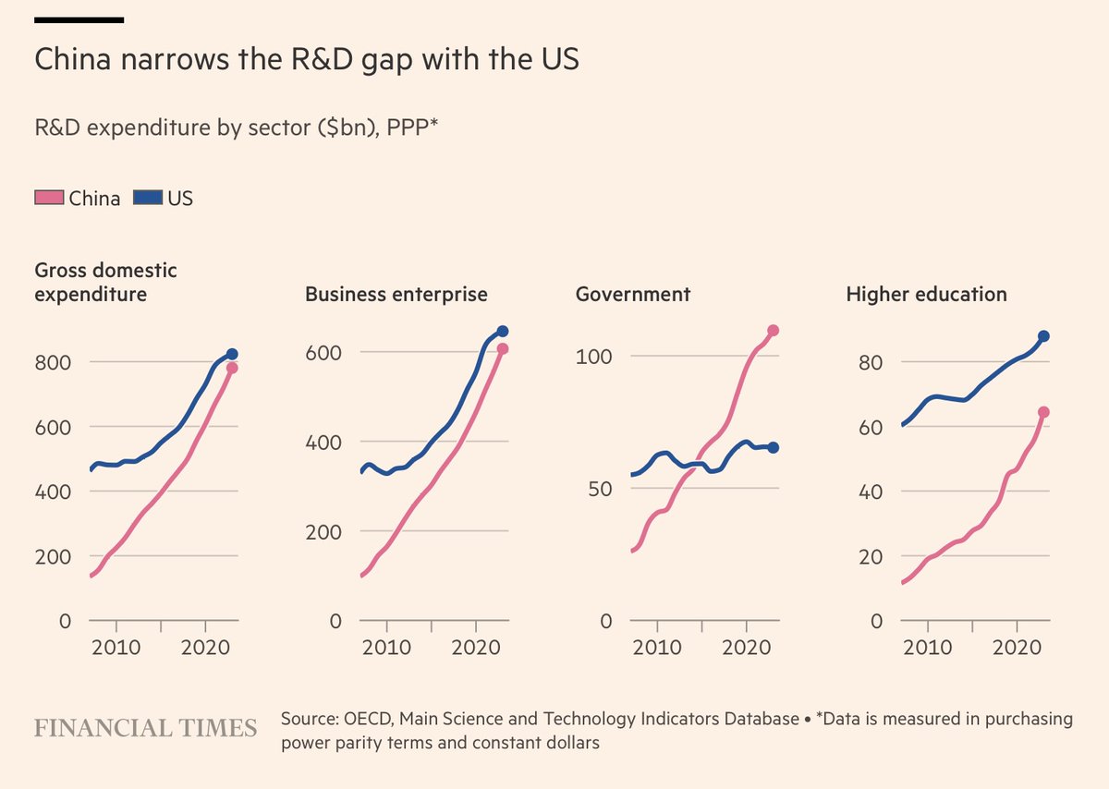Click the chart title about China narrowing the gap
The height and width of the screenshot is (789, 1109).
tap(306, 60)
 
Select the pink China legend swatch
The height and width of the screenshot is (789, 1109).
tap(49, 198)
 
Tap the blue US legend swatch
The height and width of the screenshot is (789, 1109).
tap(147, 198)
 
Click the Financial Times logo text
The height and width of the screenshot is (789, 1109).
tap(146, 728)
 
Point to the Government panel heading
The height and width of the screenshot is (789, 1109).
tap(633, 295)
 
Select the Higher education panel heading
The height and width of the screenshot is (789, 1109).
tap(926, 295)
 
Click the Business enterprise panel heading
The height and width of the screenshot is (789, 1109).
tap(396, 295)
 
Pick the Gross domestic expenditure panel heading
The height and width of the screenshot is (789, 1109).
tap(105, 283)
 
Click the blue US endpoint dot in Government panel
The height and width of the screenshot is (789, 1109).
tap(773, 447)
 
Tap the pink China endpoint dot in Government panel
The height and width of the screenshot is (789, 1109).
tap(773, 331)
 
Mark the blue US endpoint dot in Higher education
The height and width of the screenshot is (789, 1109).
tap(1043, 336)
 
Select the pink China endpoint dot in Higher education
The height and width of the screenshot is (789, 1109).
tap(1043, 412)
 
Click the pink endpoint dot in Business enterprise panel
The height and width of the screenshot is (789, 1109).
tap(502, 349)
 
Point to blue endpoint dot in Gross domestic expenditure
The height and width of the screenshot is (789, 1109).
tap(232, 354)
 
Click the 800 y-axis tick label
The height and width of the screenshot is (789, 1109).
tap(53, 362)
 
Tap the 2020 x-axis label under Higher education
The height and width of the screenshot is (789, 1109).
tap(1018, 647)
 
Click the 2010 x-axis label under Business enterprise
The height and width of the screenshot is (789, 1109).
tap(386, 647)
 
